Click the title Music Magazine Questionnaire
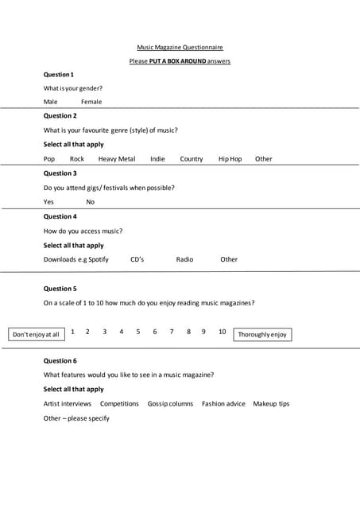[x=180, y=48]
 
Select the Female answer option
[x=91, y=102]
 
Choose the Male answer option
[x=51, y=102]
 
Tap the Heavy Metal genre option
[x=117, y=159]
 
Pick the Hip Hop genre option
[x=230, y=159]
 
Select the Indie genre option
[x=158, y=159]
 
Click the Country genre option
[x=192, y=159]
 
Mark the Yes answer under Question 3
[x=49, y=202]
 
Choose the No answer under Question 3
[x=91, y=202]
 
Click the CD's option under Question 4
[x=137, y=259]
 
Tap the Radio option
[x=184, y=259]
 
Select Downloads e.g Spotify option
[x=75, y=259]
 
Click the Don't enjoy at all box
[x=37, y=335]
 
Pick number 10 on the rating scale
[x=223, y=332]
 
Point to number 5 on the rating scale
[x=138, y=332]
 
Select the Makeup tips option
[x=271, y=404]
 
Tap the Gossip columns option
[x=170, y=404]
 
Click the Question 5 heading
[x=60, y=289]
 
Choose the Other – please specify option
[x=76, y=418]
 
